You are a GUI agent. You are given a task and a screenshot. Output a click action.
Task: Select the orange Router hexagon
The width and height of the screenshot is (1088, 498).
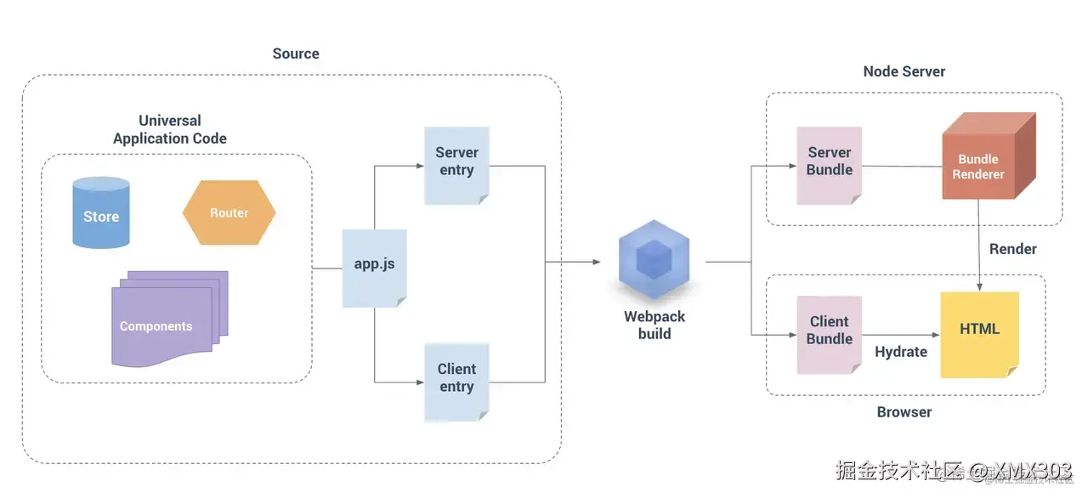coord(229,212)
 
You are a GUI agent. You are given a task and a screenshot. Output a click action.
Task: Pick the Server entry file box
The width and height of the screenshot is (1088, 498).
coord(456,164)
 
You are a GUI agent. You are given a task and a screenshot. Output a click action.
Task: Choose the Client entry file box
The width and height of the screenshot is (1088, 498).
coord(456,381)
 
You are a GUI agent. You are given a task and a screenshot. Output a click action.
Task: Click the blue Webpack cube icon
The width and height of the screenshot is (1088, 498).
coord(654,259)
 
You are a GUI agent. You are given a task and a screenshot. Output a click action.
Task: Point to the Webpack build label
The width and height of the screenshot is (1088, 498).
coord(654,325)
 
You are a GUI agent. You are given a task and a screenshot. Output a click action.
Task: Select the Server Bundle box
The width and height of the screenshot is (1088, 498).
coord(829,165)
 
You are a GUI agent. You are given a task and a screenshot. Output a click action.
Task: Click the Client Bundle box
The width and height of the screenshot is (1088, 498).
coord(829,334)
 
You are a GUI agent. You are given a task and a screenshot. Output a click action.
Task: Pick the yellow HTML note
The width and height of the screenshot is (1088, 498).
coord(979,333)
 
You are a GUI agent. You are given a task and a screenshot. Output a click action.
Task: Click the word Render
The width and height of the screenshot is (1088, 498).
coord(1012,249)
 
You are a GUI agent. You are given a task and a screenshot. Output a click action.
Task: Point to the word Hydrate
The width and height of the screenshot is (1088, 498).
coord(901,351)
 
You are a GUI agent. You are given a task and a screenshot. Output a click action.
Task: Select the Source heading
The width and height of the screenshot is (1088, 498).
coord(296,54)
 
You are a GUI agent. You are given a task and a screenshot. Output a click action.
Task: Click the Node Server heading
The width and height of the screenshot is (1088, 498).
coord(904,71)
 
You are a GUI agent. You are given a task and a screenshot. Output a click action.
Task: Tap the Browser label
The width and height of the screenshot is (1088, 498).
coord(904,412)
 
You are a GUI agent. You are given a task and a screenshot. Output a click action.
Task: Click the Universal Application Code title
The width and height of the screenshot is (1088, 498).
coord(170,129)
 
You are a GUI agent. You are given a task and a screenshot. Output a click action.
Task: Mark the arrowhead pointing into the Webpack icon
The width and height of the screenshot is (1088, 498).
coord(597,262)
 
